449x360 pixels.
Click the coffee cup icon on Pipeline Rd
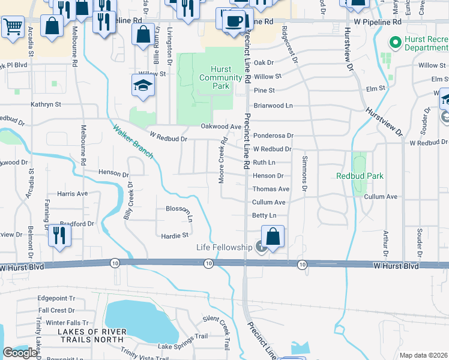pyautogui.click(x=234, y=22)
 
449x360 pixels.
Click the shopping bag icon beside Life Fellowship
pyautogui.click(x=273, y=236)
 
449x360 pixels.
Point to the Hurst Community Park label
pyautogui.click(x=214, y=77)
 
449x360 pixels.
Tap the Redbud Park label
pyautogui.click(x=360, y=176)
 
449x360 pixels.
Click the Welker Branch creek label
pyautogui.click(x=133, y=141)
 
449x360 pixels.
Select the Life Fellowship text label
pyautogui.click(x=224, y=247)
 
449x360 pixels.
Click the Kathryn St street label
pyautogui.click(x=46, y=104)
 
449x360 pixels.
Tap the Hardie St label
pyautogui.click(x=175, y=235)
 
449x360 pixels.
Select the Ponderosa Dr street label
pyautogui.click(x=273, y=136)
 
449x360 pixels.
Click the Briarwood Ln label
pyautogui.click(x=273, y=104)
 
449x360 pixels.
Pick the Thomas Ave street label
pyautogui.click(x=271, y=189)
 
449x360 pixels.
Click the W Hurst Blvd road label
pyautogui.click(x=394, y=265)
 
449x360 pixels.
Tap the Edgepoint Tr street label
pyautogui.click(x=56, y=298)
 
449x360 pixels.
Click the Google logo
pyautogui.click(x=20, y=353)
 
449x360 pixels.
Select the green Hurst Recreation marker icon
pyautogui.click(x=395, y=43)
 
